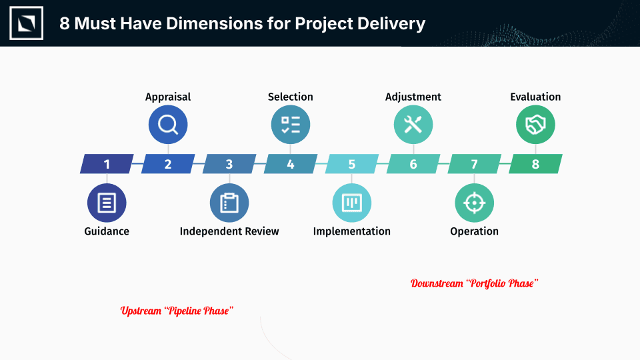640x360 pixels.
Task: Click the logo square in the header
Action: (x=27, y=23)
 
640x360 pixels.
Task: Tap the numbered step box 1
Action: (x=107, y=164)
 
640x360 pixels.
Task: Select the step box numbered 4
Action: (x=291, y=164)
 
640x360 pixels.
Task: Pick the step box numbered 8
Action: (x=535, y=164)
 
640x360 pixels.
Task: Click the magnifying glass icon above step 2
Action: (x=168, y=125)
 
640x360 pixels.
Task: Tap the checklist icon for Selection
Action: (x=291, y=125)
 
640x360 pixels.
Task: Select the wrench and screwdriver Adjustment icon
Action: (x=413, y=125)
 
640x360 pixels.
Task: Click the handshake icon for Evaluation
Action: (x=535, y=125)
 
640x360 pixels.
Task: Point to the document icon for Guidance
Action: (x=107, y=203)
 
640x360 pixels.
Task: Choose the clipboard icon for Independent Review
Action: (x=229, y=203)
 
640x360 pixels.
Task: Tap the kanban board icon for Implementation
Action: (x=352, y=203)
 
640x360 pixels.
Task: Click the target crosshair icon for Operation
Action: (x=474, y=203)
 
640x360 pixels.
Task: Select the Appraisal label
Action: (x=168, y=97)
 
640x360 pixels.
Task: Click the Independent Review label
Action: (x=229, y=231)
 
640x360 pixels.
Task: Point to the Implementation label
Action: (x=352, y=231)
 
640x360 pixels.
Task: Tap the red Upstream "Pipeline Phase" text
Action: (x=177, y=311)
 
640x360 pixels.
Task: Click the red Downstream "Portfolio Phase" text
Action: (x=474, y=283)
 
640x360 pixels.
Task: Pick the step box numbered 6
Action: (x=413, y=164)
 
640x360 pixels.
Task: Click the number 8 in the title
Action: (x=65, y=24)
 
